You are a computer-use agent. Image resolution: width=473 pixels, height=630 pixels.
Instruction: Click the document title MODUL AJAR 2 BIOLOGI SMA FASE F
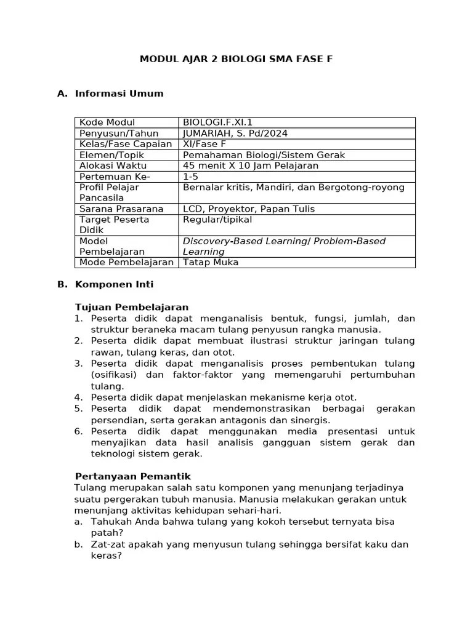point(236,59)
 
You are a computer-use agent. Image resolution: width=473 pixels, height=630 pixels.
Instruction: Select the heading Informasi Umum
point(119,94)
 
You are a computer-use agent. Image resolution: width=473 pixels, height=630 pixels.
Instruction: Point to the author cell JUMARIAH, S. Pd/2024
point(235,134)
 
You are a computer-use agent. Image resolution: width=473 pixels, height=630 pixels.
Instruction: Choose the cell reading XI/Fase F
point(204,144)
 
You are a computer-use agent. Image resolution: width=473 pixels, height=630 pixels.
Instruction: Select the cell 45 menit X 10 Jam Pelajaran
point(250,165)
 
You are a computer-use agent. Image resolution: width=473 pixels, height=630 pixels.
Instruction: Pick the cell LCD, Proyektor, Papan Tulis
point(248,209)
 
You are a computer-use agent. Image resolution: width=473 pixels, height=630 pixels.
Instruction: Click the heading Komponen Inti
point(114,284)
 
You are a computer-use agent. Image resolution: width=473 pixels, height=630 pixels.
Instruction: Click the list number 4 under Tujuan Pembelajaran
point(78,397)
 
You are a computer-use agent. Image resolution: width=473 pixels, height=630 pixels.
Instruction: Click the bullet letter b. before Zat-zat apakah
point(78,544)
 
